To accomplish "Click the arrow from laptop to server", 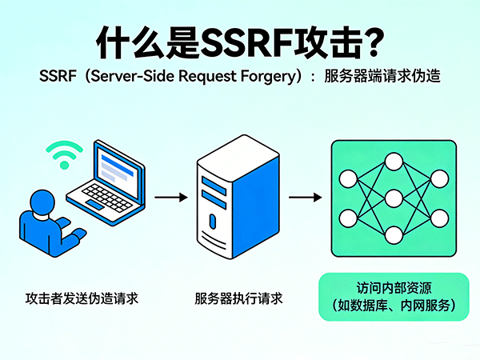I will point(170,196).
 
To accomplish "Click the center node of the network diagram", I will point(393,197).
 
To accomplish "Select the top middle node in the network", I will point(393,160).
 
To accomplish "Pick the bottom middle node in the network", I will point(393,234).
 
